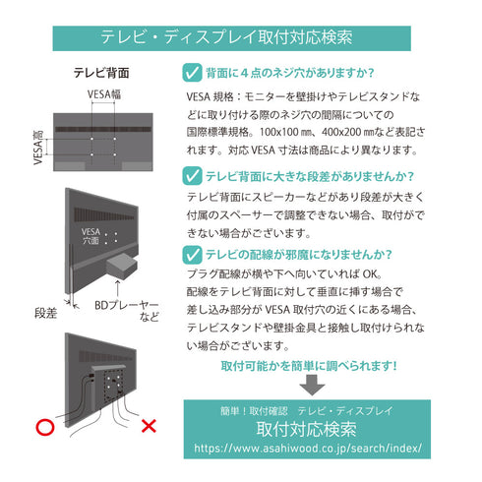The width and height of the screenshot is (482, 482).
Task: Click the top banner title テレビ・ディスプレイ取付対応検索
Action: click(241, 37)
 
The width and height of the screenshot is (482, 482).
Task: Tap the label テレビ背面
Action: click(101, 73)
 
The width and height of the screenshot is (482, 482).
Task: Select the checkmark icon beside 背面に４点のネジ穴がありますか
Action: click(193, 72)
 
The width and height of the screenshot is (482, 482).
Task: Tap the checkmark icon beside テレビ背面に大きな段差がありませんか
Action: click(193, 177)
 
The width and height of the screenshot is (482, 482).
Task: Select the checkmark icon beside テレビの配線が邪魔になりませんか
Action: click(193, 254)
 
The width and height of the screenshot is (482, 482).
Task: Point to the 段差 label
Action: click(47, 313)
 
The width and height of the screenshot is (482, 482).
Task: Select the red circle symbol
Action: click(43, 428)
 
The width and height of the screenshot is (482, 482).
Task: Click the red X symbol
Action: click(150, 427)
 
